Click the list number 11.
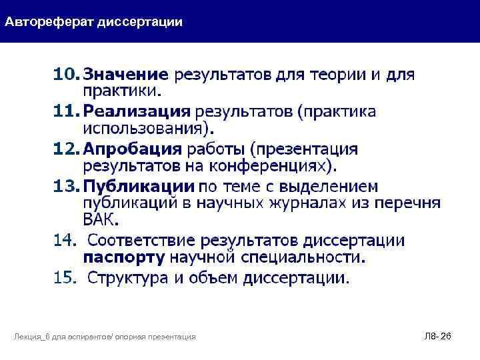click(x=66, y=111)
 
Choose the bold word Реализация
click(x=137, y=111)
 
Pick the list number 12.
click(x=66, y=148)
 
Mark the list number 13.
click(x=66, y=185)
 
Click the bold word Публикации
click(x=139, y=185)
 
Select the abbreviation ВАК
click(x=100, y=219)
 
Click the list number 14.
click(x=66, y=239)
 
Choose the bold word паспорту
click(x=124, y=256)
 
